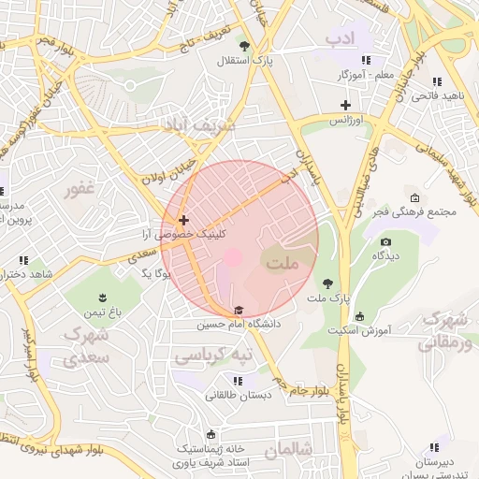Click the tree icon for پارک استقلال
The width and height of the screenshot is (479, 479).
click(x=244, y=45)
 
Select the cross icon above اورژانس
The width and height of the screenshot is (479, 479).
click(x=345, y=106)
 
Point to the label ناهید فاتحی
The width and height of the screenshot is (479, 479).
click(x=437, y=95)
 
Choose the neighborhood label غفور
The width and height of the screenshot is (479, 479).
click(x=80, y=190)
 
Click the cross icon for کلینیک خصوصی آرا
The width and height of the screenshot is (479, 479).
click(x=183, y=219)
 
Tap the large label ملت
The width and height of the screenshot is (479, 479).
click(x=283, y=264)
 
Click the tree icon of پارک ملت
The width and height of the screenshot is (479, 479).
click(x=327, y=283)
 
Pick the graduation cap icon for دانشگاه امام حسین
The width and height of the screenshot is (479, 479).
click(x=239, y=310)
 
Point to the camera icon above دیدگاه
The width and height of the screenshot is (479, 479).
click(x=385, y=242)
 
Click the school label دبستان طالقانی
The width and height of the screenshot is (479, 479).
click(x=239, y=395)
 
